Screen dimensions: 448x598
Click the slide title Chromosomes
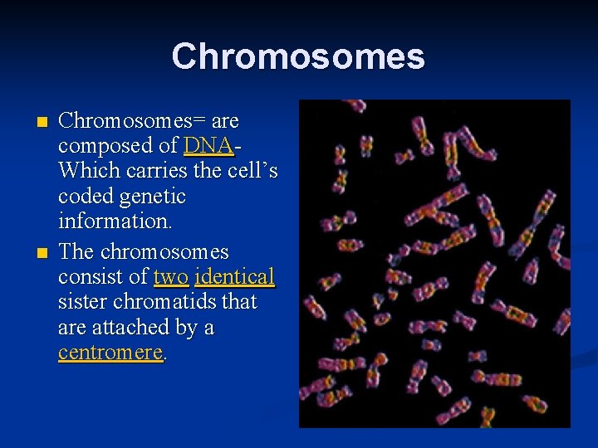[x=298, y=56]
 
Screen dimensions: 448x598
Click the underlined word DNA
[x=208, y=146]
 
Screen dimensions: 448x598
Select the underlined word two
[x=171, y=277]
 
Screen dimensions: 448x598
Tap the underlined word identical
[x=234, y=277]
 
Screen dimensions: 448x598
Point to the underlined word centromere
[x=110, y=353]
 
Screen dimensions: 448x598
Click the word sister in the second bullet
[x=83, y=302]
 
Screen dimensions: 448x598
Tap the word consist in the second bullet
[x=93, y=277]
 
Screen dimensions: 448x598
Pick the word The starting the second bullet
[x=76, y=251]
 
